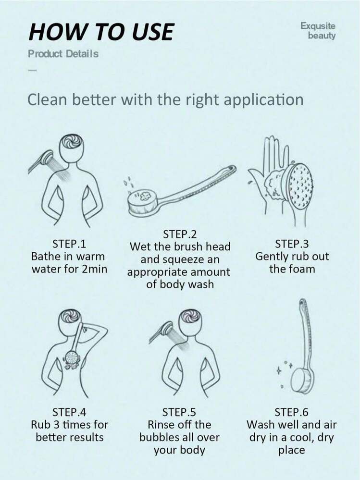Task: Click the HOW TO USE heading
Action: point(101,32)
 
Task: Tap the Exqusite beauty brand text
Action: point(318,30)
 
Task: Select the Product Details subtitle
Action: point(63,54)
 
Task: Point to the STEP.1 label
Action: point(69,244)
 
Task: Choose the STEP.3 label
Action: point(292,244)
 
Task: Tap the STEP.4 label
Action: point(69,412)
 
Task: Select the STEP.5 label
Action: point(179,412)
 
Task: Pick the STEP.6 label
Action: point(291,412)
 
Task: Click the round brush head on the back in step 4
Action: point(73,357)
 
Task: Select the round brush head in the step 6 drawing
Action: point(303,380)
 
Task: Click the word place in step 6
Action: point(291,450)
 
